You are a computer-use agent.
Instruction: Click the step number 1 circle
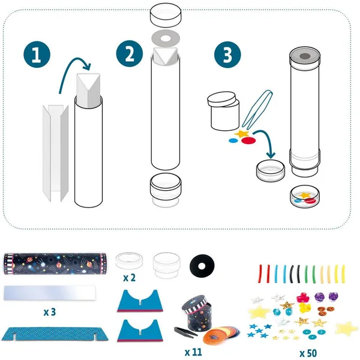(x=37, y=55)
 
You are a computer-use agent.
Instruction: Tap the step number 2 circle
(x=130, y=55)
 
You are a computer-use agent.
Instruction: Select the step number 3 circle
(x=227, y=55)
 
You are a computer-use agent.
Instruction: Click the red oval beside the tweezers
(x=248, y=140)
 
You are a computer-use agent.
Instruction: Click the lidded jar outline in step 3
(x=223, y=111)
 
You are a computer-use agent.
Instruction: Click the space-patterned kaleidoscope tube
(x=55, y=264)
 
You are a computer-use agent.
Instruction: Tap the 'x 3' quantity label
(x=50, y=312)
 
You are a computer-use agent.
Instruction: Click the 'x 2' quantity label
(x=129, y=278)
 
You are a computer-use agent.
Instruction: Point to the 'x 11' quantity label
(x=193, y=352)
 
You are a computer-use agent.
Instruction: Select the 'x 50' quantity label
(x=308, y=353)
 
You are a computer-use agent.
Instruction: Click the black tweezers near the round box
(x=186, y=331)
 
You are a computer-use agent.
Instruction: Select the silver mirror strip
(x=50, y=293)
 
